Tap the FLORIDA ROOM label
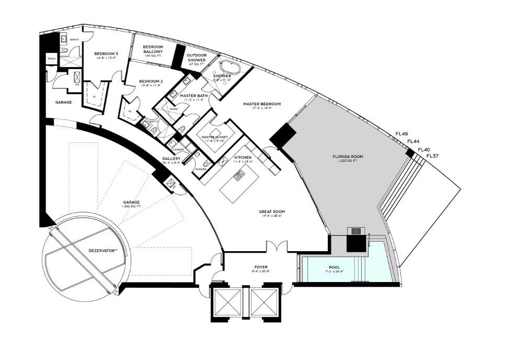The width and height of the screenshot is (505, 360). point(348,156)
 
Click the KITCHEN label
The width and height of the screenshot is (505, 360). point(243,157)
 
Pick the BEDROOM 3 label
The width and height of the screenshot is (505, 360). point(106,54)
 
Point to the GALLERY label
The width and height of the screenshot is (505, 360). point(171,158)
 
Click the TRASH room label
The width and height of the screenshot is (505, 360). point(51,59)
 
